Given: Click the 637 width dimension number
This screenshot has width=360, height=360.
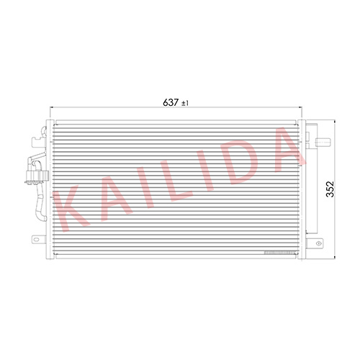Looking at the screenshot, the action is pos(171,102).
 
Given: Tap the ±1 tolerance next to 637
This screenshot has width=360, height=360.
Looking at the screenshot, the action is pos(185,103).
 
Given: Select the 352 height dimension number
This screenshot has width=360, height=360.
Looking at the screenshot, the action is pos(330,189).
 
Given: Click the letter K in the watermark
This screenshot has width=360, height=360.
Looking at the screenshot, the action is pos(71,209).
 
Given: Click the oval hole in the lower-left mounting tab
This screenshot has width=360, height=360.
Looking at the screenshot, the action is pos(36,239).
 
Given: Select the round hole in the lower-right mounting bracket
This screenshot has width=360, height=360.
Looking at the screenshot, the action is pos(318,243).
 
